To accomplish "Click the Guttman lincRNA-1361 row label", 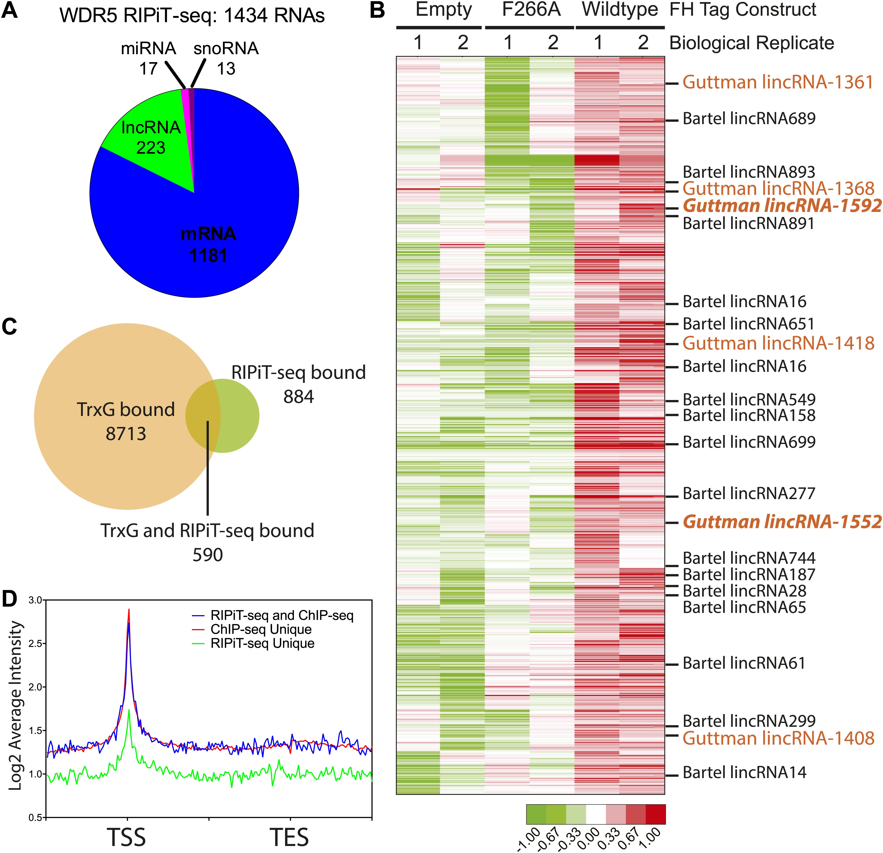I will pyautogui.click(x=778, y=82).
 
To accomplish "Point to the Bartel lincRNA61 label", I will pyautogui.click(x=744, y=663).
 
